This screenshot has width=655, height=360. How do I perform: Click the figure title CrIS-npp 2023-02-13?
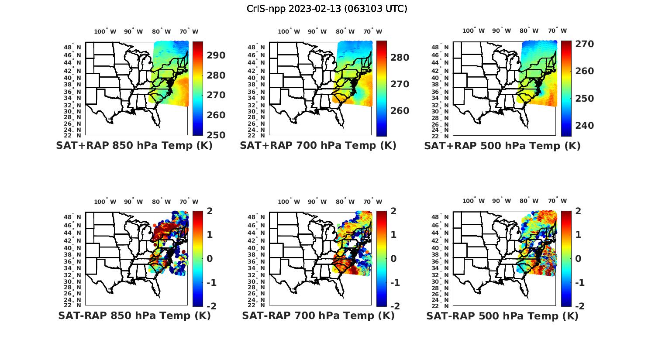tap(327, 9)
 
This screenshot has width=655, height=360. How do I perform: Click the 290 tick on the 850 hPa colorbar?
tap(216, 55)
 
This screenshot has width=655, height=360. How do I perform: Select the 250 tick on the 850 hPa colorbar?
tap(216, 135)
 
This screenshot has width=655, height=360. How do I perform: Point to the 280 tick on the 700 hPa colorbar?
tap(400, 58)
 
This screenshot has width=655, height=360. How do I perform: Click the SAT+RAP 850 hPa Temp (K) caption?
tap(134, 146)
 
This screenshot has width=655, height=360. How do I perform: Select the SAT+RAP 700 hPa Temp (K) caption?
tap(318, 146)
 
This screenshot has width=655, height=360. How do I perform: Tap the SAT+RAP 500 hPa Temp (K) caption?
tap(502, 146)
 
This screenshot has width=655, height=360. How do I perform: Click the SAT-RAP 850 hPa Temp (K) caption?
tap(134, 315)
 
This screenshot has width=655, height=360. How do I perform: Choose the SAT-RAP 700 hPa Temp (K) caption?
tap(318, 315)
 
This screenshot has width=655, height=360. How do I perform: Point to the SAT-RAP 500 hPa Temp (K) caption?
tap(502, 315)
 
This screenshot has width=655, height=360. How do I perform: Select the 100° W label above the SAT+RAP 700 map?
tap(289, 31)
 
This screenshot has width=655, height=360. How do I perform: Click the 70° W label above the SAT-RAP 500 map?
tap(557, 201)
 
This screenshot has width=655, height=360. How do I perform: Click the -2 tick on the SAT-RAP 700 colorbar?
tap(393, 306)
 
